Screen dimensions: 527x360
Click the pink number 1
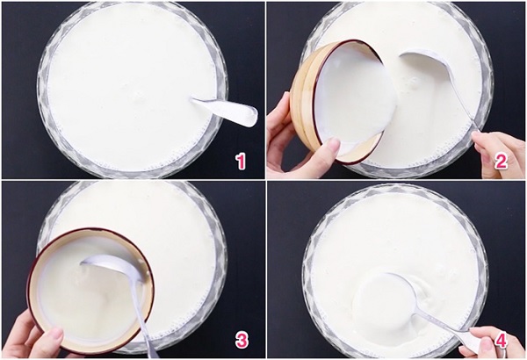point(241,162)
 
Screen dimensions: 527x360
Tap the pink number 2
point(501,162)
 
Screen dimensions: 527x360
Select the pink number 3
point(242,341)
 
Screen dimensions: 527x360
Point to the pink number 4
point(501,341)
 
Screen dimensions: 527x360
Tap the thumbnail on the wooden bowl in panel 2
point(335,145)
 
